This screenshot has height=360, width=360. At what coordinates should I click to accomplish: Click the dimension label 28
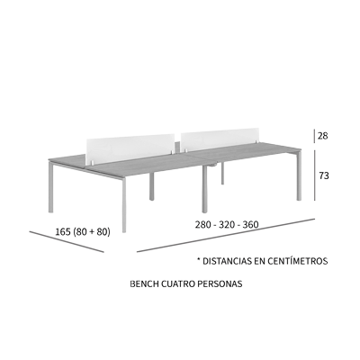tap(323, 136)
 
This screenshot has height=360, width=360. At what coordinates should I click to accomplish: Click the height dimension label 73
tap(324, 175)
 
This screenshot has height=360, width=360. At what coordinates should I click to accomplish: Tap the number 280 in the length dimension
tap(202, 224)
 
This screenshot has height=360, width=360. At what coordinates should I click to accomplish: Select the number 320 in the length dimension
tap(227, 224)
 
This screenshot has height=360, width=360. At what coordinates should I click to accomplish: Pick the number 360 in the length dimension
tap(251, 224)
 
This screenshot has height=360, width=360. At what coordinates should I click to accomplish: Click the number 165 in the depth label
tap(63, 231)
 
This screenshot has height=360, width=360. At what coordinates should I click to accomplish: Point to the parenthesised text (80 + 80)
tap(92, 231)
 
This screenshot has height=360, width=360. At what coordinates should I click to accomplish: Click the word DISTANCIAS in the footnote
tap(227, 261)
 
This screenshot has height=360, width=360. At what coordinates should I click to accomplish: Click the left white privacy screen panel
tap(130, 149)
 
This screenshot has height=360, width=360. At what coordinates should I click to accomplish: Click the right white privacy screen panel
tap(220, 139)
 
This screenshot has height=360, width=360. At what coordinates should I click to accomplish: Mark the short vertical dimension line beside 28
tap(314, 136)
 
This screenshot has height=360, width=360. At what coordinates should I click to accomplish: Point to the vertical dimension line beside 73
tap(315, 175)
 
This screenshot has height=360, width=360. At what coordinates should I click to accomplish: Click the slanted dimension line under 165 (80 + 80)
tap(67, 241)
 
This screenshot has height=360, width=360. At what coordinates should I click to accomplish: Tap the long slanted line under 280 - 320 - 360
tap(226, 236)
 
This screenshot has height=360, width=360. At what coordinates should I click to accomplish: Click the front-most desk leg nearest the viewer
tap(124, 205)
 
